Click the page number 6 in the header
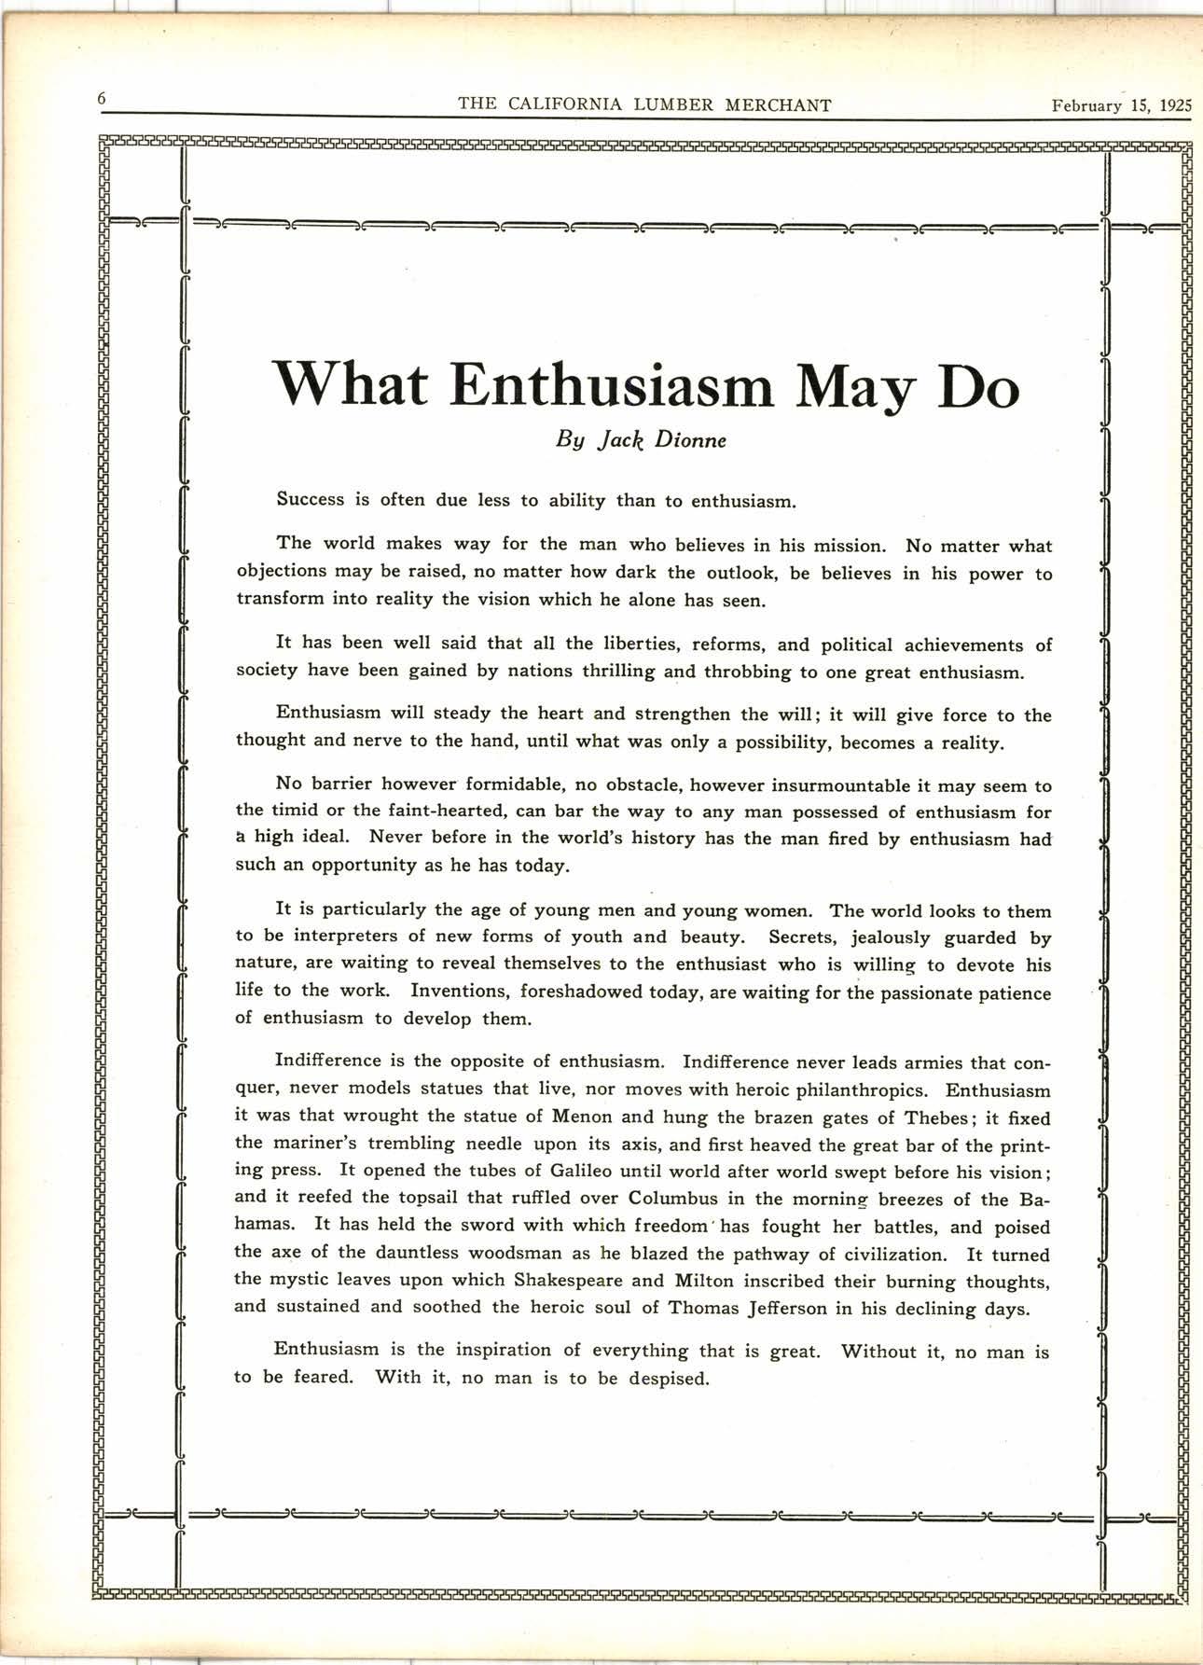click(102, 99)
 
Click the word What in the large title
click(350, 385)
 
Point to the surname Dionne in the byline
click(691, 439)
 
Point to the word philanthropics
click(859, 1089)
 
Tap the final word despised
click(669, 1378)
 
